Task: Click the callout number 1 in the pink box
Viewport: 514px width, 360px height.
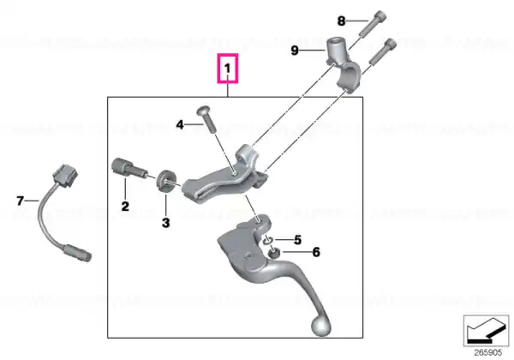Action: tap(228, 69)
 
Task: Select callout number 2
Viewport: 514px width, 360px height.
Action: tap(125, 207)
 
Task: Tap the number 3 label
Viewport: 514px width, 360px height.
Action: tap(166, 223)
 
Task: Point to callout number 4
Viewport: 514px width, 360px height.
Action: tap(180, 124)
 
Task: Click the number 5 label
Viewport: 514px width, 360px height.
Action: tap(297, 240)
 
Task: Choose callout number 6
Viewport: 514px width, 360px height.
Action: tap(316, 252)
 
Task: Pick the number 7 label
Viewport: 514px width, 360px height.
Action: tap(20, 201)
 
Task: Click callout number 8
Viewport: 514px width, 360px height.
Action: tap(341, 21)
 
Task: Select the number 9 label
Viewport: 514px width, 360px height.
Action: tap(295, 51)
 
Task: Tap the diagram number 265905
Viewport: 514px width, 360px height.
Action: tap(488, 353)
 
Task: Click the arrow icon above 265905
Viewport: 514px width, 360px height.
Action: tap(486, 331)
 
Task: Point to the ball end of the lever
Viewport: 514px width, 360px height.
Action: tap(320, 326)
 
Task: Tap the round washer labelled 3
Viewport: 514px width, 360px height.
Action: tap(166, 181)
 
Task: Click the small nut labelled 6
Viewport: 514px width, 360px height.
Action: tap(273, 253)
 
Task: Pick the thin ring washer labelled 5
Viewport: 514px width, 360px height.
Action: tap(267, 240)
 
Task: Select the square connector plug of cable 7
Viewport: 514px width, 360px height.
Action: tap(66, 175)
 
